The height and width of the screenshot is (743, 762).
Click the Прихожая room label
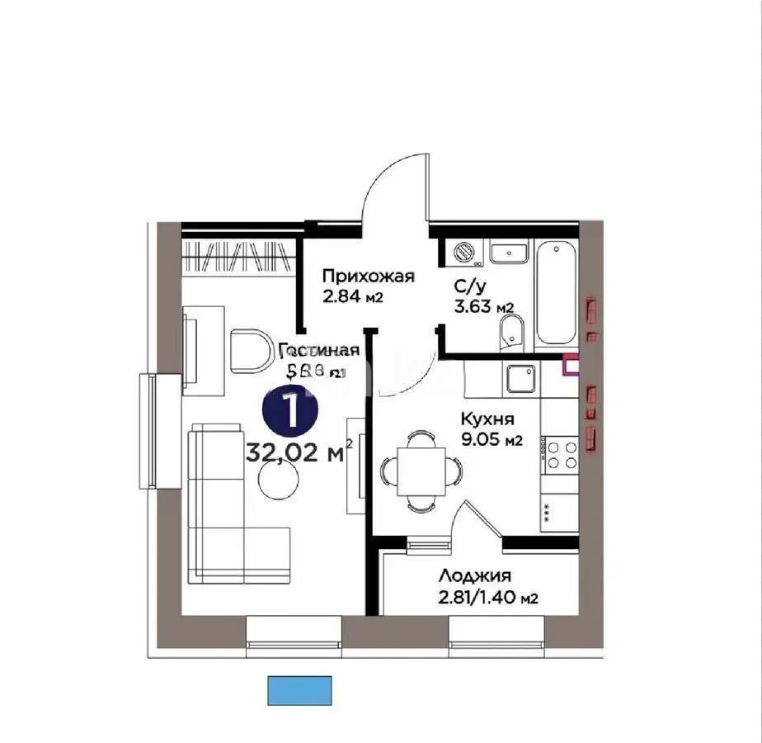(368, 277)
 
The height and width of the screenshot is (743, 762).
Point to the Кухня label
(488, 418)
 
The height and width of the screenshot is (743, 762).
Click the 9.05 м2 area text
(492, 439)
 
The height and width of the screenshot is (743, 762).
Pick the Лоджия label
(476, 576)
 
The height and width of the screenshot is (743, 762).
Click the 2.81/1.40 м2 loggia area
(488, 598)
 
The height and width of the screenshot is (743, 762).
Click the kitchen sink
(523, 381)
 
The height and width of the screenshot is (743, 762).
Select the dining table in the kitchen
(421, 469)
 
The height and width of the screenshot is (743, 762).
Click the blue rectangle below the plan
(299, 689)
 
